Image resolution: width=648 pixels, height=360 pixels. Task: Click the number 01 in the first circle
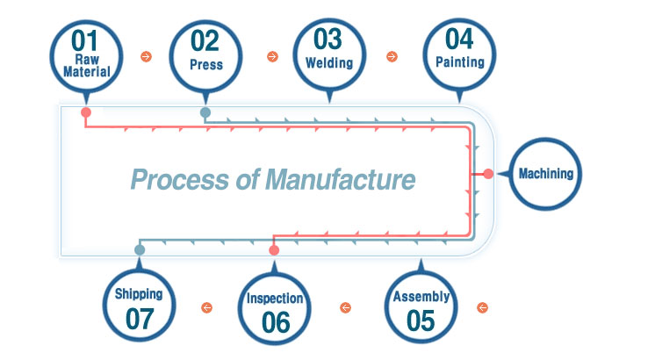click(x=84, y=41)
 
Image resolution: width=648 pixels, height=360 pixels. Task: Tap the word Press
click(x=206, y=65)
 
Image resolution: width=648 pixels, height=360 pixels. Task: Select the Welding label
click(x=329, y=63)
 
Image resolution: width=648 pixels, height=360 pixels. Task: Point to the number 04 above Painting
click(x=459, y=40)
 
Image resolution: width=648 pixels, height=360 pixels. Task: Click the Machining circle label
click(x=546, y=174)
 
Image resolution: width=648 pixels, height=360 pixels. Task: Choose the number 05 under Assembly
click(x=421, y=320)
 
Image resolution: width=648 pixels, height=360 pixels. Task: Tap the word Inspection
click(x=275, y=299)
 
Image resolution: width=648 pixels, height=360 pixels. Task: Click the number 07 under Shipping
click(x=140, y=319)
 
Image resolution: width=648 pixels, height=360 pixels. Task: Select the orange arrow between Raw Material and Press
click(x=146, y=56)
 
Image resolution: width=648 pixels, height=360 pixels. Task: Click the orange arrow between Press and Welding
click(x=272, y=56)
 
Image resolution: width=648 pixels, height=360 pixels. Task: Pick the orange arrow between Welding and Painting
click(x=392, y=56)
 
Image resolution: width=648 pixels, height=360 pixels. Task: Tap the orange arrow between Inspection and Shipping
click(x=206, y=307)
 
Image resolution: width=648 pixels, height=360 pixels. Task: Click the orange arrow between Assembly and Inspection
click(x=345, y=307)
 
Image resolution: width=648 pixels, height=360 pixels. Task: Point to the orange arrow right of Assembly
click(x=482, y=307)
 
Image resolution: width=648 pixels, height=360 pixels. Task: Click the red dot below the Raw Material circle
click(x=86, y=112)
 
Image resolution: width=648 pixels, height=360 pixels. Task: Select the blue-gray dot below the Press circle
click(x=205, y=112)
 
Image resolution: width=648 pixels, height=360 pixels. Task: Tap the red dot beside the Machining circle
click(x=488, y=174)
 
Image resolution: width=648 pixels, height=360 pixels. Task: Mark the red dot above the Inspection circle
click(x=274, y=250)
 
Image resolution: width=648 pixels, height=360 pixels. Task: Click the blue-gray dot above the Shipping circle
click(x=140, y=249)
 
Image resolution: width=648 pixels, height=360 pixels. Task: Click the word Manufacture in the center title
click(x=340, y=180)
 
